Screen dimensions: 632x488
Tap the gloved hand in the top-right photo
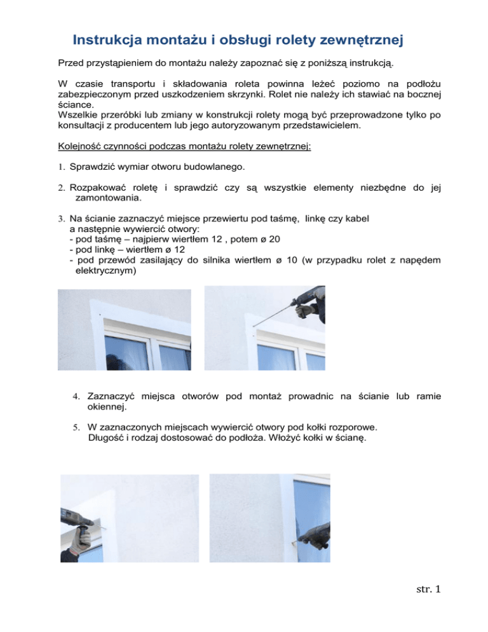click(x=308, y=310)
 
